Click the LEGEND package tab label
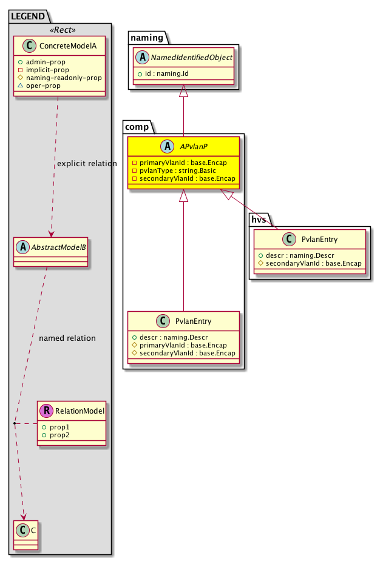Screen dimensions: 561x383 tap(28, 18)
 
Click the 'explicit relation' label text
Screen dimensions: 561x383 tap(87, 164)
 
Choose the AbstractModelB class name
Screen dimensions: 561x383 tap(56, 246)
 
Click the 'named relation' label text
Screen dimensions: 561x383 tap(67, 338)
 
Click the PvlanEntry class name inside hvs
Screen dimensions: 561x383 tap(319, 240)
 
